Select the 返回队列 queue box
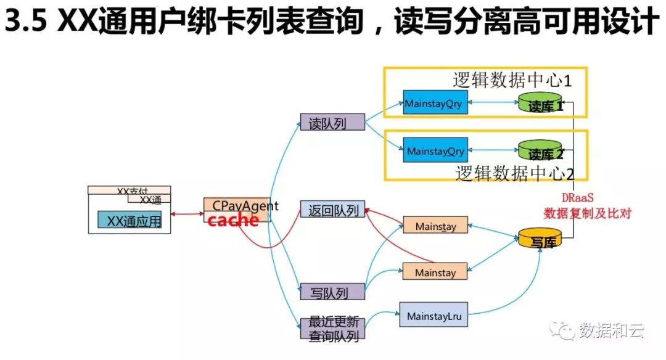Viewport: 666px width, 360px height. [x=332, y=210]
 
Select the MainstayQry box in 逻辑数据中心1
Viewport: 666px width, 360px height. [x=433, y=104]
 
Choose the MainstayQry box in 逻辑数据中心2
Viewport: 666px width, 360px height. [x=435, y=151]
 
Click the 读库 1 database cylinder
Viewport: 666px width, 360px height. [x=540, y=104]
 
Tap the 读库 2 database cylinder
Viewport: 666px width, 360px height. [x=540, y=151]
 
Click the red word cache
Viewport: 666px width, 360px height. [x=233, y=220]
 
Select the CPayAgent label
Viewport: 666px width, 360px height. [x=245, y=205]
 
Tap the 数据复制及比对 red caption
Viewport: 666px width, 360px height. [x=587, y=214]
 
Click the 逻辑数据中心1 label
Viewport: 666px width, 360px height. [x=512, y=80]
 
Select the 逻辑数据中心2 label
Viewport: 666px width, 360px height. [x=515, y=173]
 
